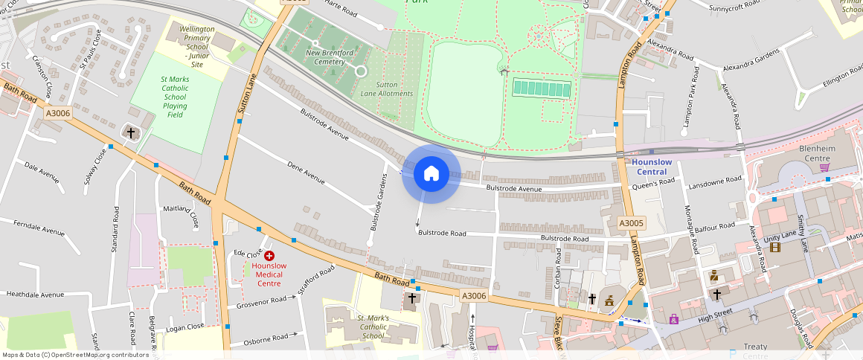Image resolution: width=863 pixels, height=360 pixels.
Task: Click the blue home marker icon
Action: point(431,175)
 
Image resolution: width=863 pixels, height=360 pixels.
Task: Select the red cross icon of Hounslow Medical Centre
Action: point(269,255)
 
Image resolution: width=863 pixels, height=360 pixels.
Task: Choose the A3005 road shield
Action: point(632,223)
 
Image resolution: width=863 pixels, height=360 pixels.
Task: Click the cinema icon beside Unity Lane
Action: point(775,247)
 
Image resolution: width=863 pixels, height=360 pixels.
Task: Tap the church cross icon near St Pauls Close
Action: point(131,132)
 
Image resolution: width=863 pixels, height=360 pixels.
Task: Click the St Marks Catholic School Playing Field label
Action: point(175,97)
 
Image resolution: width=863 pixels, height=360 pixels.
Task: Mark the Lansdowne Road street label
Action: point(715,180)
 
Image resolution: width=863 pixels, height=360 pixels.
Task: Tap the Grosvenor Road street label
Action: point(261,301)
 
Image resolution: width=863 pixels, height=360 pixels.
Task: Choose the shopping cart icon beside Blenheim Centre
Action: point(824,167)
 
